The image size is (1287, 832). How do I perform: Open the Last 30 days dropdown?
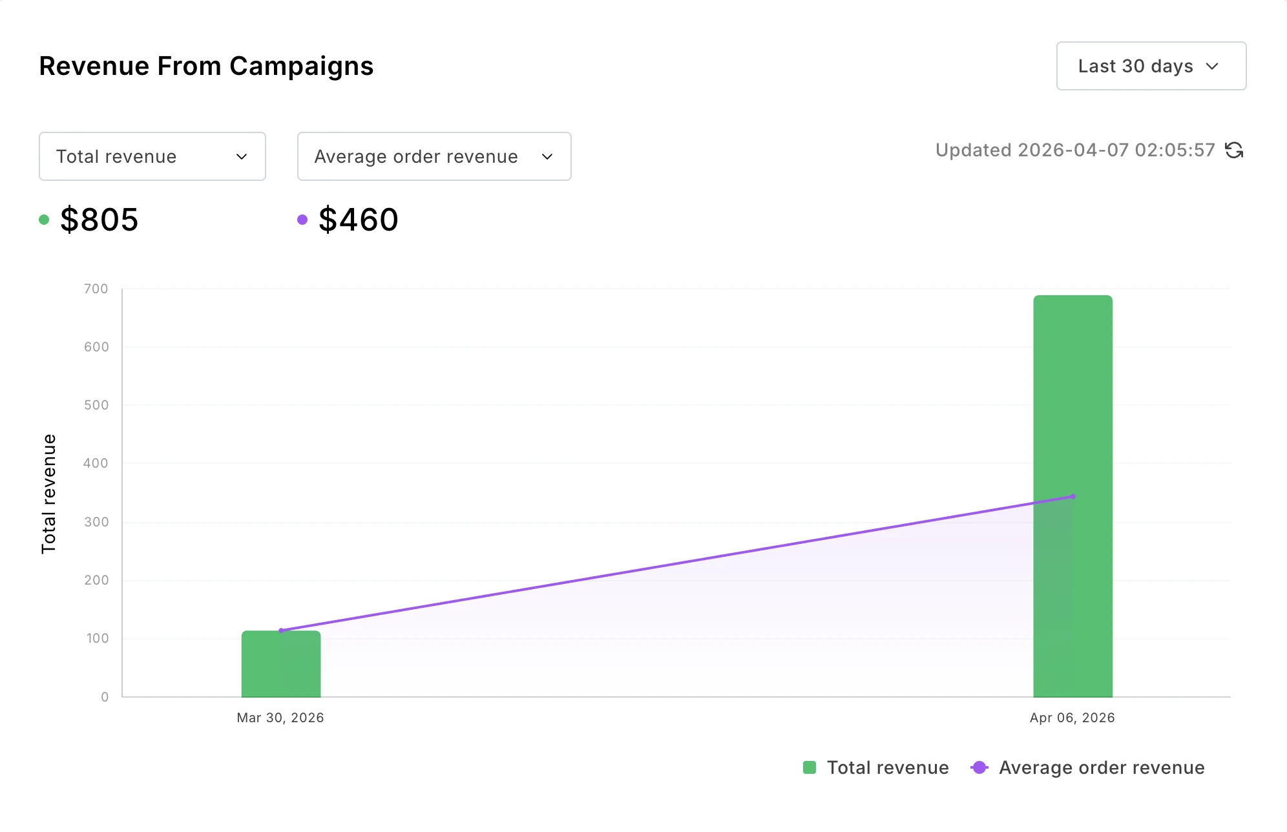[x=1151, y=66]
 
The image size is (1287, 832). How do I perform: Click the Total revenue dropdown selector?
[x=152, y=156]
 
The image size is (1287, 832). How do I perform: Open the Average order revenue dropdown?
[x=434, y=156]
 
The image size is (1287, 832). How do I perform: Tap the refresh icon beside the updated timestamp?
[x=1234, y=150]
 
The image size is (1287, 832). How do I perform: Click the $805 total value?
[x=99, y=220]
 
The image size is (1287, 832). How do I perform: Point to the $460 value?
[x=358, y=220]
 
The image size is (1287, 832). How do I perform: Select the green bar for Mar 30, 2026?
[x=281, y=665]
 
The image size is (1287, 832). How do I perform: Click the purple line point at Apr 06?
[x=1073, y=496]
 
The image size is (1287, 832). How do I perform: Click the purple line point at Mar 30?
[x=281, y=630]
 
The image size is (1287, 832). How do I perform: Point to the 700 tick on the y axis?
[x=96, y=289]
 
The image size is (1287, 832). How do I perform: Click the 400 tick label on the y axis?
[x=96, y=463]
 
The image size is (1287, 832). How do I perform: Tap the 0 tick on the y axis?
[x=105, y=697]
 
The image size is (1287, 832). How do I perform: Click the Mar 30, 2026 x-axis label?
[x=280, y=718]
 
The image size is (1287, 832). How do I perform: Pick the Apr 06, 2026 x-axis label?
[x=1072, y=718]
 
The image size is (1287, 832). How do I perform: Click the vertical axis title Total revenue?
[x=49, y=494]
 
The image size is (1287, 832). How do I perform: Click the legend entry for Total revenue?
[x=875, y=767]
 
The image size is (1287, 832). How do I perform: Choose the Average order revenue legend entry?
[x=1088, y=767]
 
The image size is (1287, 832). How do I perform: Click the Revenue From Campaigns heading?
[x=206, y=66]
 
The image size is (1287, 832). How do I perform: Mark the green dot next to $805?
[x=44, y=220]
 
